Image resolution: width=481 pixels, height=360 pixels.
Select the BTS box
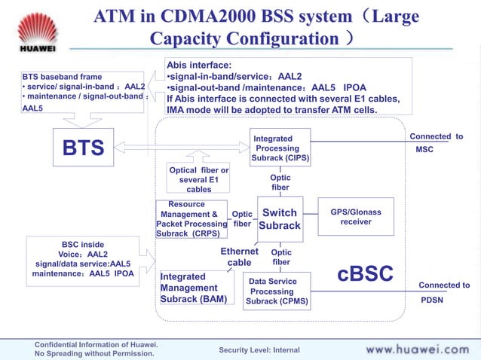pos(83,148)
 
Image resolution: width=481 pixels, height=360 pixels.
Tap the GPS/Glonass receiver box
pos(355,217)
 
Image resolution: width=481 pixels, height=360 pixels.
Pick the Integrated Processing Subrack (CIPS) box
pos(280,149)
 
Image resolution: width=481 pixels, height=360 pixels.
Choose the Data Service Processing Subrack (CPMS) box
pos(277,291)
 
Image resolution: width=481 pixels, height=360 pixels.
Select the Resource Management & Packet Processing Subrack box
pos(191,219)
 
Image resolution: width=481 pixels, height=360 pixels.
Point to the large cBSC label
pos(365,274)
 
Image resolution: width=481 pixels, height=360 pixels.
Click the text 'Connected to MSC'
pos(436,142)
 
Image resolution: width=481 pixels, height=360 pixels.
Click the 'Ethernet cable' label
pos(240,257)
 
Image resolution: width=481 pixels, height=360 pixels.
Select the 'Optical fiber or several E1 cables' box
pos(199,180)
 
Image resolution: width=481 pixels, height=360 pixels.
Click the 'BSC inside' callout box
pos(83,259)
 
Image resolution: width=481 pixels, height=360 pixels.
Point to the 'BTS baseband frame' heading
pos(61,77)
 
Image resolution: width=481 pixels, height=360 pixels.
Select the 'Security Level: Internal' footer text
pos(259,350)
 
